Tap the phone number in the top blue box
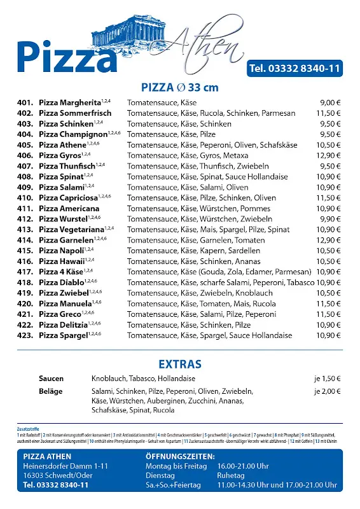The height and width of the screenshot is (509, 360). pos(294,69)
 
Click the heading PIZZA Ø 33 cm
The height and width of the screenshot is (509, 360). pos(180,88)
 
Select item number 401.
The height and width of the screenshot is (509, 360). pos(25,102)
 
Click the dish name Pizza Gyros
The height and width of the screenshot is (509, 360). pos(60,155)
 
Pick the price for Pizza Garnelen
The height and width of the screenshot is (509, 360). pos(329,241)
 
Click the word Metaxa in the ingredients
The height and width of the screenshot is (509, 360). pos(236,155)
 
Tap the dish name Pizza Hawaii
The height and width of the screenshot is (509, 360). pos(62,261)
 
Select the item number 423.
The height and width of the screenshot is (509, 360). pos(25,336)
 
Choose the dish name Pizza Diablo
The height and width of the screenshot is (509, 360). pos(62,282)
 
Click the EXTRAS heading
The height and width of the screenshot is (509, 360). pos(180,365)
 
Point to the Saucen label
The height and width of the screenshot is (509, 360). pos(51,379)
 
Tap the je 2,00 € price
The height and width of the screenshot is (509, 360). pos(328,391)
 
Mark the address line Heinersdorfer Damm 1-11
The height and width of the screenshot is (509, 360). pos(66,466)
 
